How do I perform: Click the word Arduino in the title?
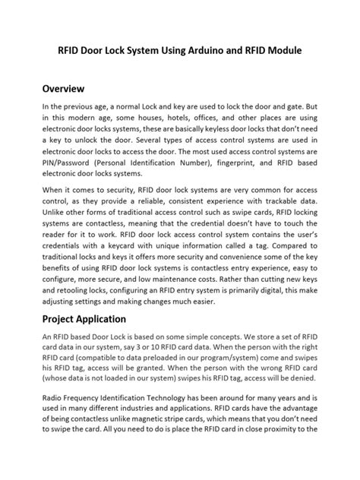coord(196,51)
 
